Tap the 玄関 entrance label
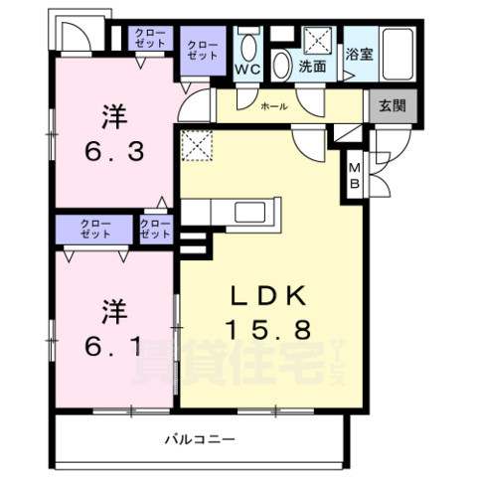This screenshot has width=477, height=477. click(x=384, y=104)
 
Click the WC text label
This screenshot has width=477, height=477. click(x=247, y=69)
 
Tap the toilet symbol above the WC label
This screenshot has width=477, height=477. click(x=247, y=45)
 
